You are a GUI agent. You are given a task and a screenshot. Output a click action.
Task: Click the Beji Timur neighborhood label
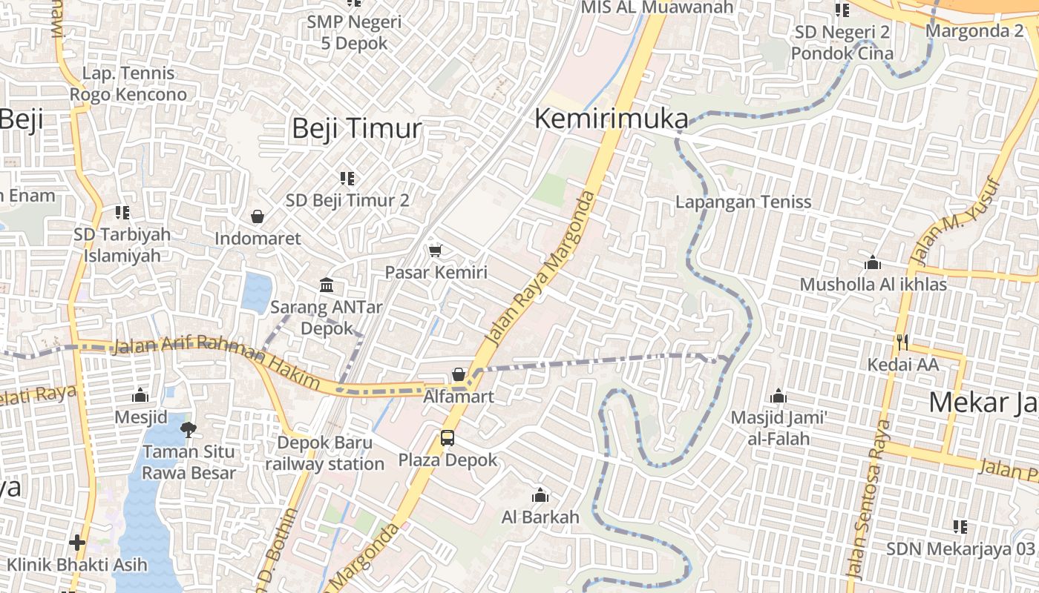click(x=356, y=128)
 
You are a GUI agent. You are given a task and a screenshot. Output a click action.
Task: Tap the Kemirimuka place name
click(x=611, y=119)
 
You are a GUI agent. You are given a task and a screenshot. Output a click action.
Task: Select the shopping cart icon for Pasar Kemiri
click(x=436, y=251)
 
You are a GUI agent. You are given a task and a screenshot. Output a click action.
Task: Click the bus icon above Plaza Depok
click(x=448, y=438)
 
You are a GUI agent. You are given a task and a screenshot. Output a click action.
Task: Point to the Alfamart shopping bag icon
click(x=459, y=375)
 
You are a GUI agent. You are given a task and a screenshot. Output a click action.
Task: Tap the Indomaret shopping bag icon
click(x=258, y=216)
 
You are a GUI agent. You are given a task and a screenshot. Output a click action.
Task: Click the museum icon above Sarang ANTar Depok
click(x=326, y=285)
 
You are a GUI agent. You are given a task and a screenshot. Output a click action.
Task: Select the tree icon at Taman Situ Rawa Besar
click(x=189, y=429)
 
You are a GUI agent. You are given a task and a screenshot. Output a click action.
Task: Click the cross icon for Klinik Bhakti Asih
click(x=77, y=543)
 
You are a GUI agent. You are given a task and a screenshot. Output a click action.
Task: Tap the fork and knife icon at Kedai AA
click(x=902, y=342)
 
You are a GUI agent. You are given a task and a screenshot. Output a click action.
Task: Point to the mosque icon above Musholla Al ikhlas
click(x=873, y=263)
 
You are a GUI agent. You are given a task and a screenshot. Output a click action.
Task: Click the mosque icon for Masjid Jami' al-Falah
click(x=779, y=397)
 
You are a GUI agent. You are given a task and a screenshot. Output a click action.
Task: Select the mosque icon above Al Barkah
click(x=540, y=495)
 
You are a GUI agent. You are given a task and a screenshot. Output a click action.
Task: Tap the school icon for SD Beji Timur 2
click(x=347, y=178)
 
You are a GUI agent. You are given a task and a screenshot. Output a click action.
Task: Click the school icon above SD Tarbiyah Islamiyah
click(x=122, y=213)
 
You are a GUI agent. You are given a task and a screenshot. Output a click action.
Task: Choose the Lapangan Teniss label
click(x=743, y=202)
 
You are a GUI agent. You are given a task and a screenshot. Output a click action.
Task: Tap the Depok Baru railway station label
click(x=324, y=454)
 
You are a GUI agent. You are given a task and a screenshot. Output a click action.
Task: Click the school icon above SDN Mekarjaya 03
click(x=960, y=527)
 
